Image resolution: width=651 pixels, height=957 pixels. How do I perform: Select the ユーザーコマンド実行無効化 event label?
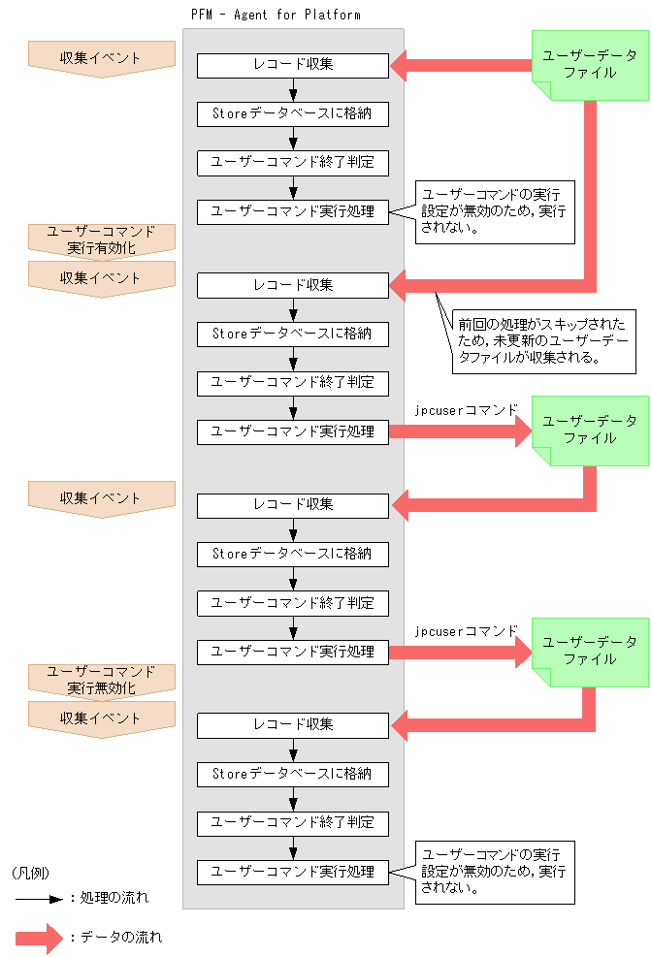coord(102,680)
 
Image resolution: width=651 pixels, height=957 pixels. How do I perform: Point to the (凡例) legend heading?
coord(30,873)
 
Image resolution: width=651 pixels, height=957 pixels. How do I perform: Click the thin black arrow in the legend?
coord(38,898)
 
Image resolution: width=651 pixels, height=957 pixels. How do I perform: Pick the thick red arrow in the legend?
coord(38,938)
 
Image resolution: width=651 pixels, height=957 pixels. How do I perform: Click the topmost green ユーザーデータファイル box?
coord(590,64)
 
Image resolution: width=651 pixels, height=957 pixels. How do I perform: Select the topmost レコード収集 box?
coord(293,66)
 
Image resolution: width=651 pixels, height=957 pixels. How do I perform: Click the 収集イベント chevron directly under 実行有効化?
coord(102,278)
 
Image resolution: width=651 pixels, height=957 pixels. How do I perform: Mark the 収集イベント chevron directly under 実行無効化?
coord(102,718)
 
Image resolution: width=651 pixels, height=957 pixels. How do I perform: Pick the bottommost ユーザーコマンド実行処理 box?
coord(293,871)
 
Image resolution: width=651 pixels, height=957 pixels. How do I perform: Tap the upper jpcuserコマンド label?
coord(466,410)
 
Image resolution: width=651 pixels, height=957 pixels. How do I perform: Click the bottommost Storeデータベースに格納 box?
coord(293,774)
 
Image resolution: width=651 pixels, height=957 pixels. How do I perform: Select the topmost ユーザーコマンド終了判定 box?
coord(293,162)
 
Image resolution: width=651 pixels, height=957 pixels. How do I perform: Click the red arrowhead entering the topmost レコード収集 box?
coord(401,66)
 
